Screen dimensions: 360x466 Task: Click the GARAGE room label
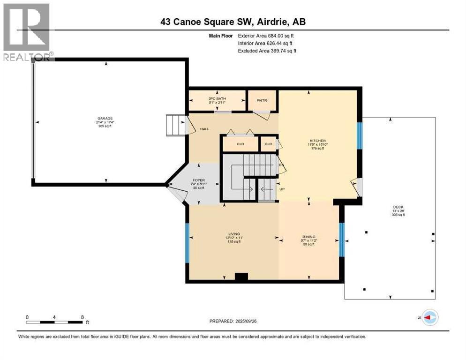tap(105, 118)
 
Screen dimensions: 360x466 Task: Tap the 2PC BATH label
tap(217, 98)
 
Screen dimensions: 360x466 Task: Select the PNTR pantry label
tap(262, 100)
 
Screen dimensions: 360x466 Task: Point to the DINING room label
tap(308, 237)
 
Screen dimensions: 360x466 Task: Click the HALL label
tap(204, 129)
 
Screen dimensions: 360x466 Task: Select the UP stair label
tap(283, 190)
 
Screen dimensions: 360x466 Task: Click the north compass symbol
tap(429, 318)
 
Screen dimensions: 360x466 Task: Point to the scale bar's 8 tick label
tap(83, 317)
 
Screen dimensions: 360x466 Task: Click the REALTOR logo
tap(27, 32)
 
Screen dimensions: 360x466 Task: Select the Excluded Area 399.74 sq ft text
tap(267, 51)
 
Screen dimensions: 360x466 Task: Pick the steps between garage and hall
tap(175, 126)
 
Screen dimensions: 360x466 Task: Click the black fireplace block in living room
tap(241, 277)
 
